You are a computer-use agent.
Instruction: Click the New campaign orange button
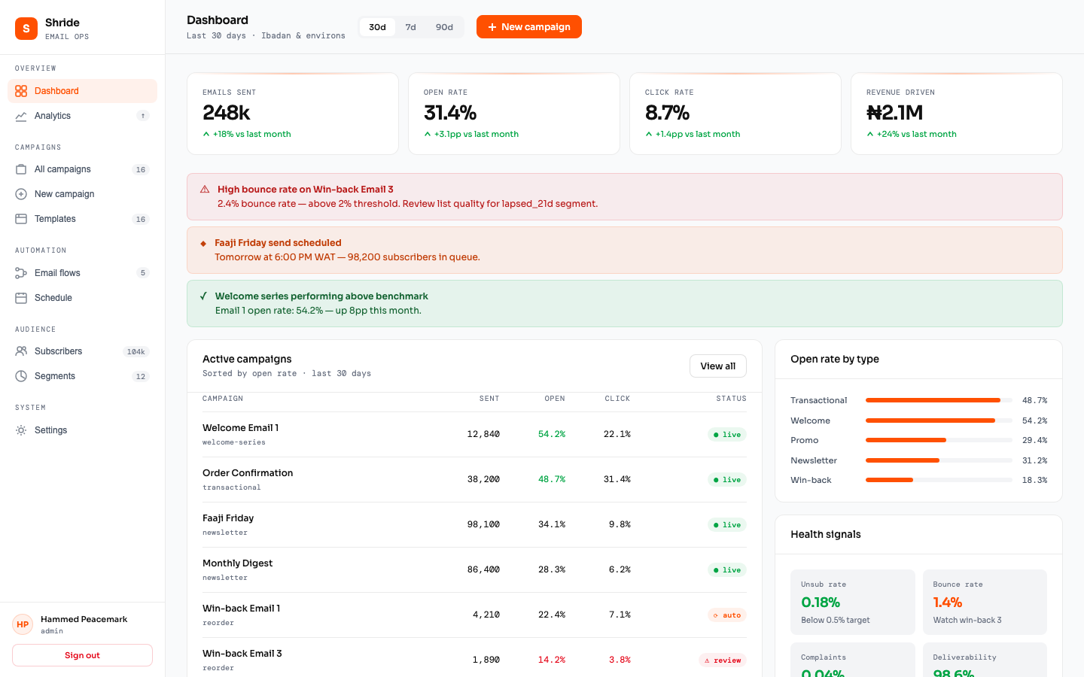pos(528,27)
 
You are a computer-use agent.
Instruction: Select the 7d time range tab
pos(410,27)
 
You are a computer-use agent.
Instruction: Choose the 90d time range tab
pos(444,27)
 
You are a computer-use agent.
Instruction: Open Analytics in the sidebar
pos(53,116)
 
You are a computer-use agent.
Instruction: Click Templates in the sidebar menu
pos(55,219)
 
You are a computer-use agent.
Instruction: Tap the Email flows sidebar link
pos(57,273)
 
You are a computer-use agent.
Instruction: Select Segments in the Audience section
pos(55,376)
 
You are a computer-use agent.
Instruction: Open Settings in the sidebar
pos(50,430)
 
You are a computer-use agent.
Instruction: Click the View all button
pos(717,366)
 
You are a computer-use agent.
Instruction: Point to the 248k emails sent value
pos(227,113)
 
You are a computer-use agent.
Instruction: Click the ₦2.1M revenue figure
pos(894,113)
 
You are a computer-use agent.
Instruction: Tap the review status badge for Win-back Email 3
pos(723,660)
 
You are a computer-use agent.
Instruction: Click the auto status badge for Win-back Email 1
pos(727,615)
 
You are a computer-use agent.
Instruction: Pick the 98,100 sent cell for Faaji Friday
pos(483,524)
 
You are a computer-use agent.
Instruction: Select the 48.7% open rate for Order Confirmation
pos(552,479)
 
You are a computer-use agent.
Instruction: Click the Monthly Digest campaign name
pos(237,563)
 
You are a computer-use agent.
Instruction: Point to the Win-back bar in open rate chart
pos(889,480)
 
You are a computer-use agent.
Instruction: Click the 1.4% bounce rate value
pos(947,603)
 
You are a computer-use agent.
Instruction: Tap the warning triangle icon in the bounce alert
pos(205,190)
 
